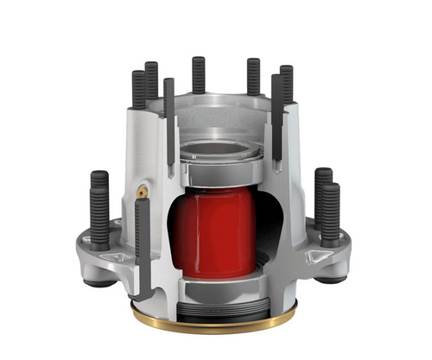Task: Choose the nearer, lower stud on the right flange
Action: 331,216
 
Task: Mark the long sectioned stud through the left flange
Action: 142,242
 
